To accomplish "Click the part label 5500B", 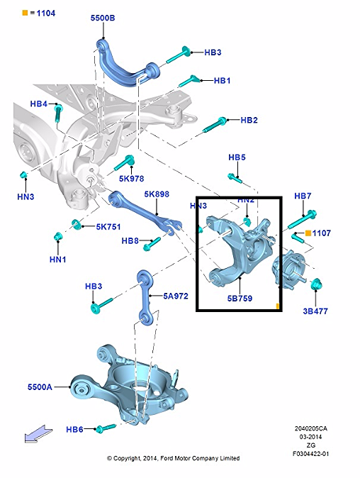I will point(104,18).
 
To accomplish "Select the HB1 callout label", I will point(222,81).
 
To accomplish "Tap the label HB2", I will point(249,121).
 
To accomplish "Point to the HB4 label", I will point(39,104).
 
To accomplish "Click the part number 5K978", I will point(131,179).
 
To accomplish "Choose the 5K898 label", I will point(156,194).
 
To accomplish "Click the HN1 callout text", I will point(58,260).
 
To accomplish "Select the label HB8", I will point(130,241).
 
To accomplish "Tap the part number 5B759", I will point(240,299).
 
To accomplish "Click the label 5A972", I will point(175,296).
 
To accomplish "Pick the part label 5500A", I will point(40,387).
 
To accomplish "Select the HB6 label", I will point(74,430).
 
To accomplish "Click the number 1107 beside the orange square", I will point(322,233).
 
